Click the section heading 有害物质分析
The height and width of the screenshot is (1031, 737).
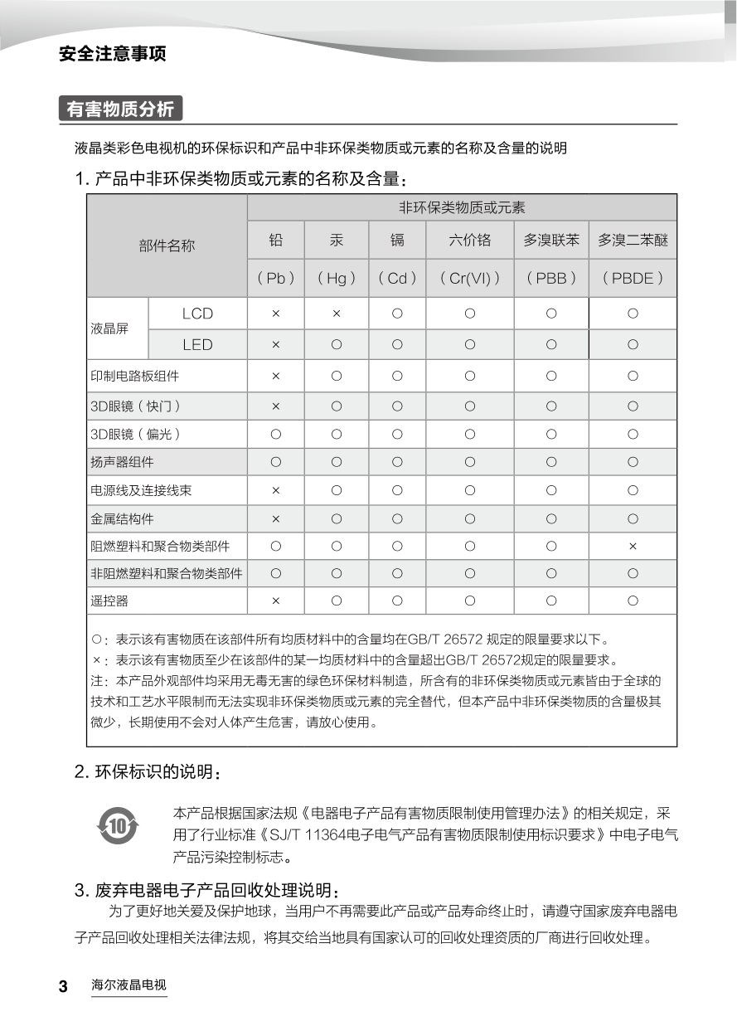[120, 109]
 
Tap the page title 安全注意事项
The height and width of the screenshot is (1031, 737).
[113, 54]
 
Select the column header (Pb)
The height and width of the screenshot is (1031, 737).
[276, 279]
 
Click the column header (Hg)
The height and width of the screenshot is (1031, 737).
[337, 279]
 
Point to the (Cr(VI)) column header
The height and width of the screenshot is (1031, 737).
[470, 279]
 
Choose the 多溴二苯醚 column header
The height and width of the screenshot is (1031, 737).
[633, 241]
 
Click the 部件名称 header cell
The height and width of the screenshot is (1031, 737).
[167, 246]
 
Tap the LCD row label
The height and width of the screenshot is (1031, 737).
[197, 314]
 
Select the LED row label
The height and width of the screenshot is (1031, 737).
[197, 344]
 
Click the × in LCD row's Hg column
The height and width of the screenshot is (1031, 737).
[337, 314]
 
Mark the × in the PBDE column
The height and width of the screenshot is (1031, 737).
[633, 546]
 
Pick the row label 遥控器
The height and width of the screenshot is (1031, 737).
[109, 601]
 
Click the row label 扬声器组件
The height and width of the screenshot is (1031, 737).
[122, 461]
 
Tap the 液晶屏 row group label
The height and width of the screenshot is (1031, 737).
[109, 328]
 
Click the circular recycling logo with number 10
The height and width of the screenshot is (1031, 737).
[118, 826]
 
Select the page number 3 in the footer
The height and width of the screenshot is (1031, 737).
[63, 987]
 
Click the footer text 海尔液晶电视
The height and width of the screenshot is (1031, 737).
[128, 986]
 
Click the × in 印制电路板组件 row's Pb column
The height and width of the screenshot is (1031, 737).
[276, 376]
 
